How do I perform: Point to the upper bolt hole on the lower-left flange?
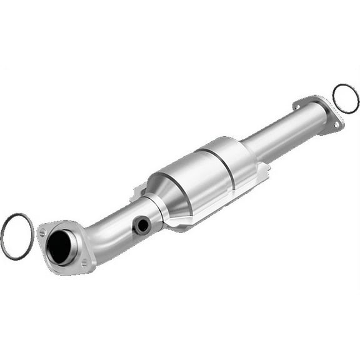click(x=43, y=232)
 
